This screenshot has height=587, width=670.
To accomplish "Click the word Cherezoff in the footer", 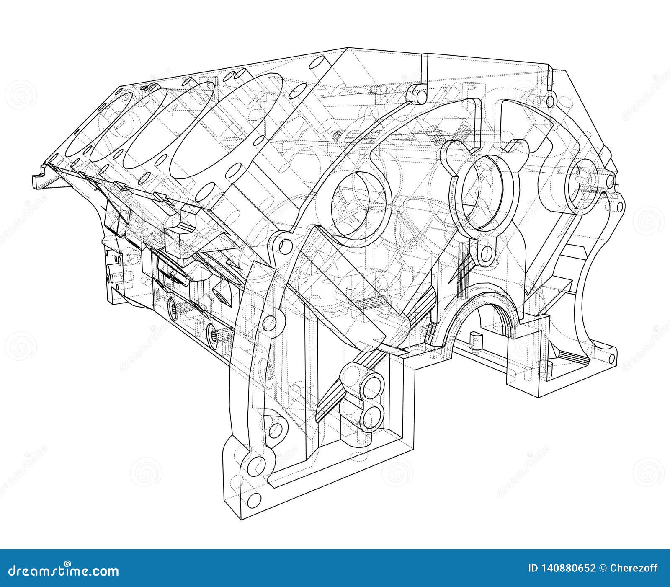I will [634, 569].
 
